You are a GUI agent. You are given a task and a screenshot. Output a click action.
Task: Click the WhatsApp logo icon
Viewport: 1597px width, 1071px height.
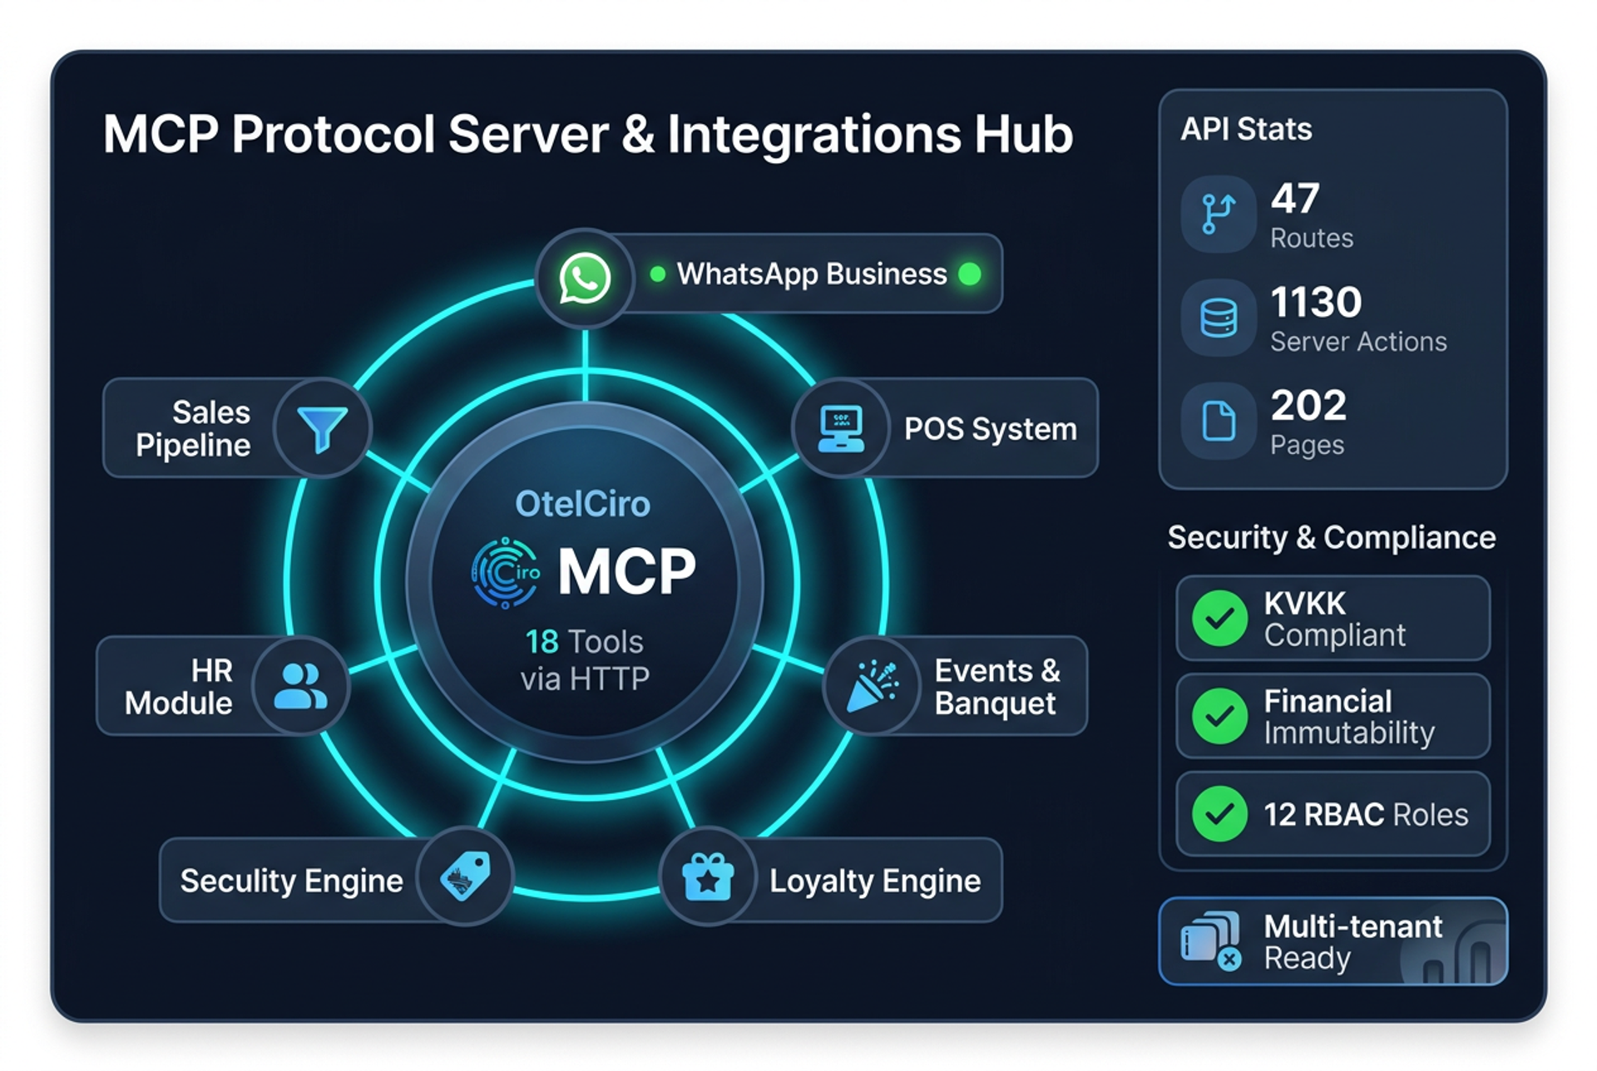coord(585,279)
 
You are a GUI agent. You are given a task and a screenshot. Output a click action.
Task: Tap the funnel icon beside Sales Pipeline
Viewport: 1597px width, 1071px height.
coord(323,429)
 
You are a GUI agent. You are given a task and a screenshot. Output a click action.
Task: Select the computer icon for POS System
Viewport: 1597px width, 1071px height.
coord(841,428)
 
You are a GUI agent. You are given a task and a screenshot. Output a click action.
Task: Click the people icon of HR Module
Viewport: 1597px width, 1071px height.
coord(300,686)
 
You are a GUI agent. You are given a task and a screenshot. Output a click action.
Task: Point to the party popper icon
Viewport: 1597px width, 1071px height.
coord(873,687)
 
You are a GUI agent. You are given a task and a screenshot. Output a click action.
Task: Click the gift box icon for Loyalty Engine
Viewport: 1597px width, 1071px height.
coord(708,878)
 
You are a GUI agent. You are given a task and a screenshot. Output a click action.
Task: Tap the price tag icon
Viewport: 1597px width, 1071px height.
coord(465,876)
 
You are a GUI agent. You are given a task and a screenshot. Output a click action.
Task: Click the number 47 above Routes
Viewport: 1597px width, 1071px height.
coord(1295,199)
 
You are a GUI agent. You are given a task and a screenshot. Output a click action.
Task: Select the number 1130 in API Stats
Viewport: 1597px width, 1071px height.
coord(1316,302)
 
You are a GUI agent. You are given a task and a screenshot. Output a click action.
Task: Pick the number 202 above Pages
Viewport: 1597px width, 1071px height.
coord(1308,406)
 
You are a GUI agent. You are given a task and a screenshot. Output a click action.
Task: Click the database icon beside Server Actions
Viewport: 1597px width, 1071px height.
coord(1219,318)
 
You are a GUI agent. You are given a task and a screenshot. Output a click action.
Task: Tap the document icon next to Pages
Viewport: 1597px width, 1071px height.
coord(1219,421)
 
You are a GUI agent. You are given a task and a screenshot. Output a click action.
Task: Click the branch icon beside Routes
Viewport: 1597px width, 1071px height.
coord(1219,214)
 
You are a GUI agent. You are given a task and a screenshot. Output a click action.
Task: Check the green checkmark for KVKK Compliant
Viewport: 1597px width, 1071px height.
coord(1219,618)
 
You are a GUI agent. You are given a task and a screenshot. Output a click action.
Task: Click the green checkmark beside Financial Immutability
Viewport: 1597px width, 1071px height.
coord(1219,716)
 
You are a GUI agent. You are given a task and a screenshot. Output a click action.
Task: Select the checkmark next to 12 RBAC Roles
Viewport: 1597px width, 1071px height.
coord(1219,813)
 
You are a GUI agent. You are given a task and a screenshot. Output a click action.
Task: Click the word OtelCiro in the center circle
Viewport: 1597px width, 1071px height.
coord(582,504)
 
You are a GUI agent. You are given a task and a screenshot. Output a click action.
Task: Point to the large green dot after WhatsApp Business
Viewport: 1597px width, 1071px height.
coord(970,274)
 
